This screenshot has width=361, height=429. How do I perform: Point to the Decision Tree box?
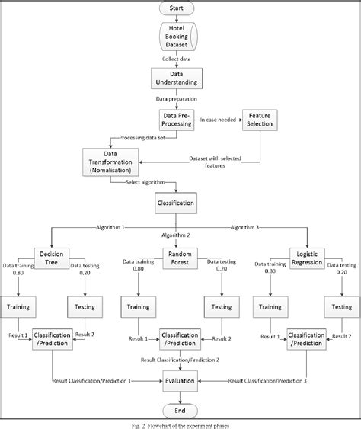pos(52,257)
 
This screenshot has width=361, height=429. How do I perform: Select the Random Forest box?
pos(180,257)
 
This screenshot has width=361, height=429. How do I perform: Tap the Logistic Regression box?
pos(308,257)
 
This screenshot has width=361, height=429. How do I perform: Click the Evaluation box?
pos(180,379)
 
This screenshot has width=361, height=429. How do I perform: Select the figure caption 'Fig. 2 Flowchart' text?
pos(180,422)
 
